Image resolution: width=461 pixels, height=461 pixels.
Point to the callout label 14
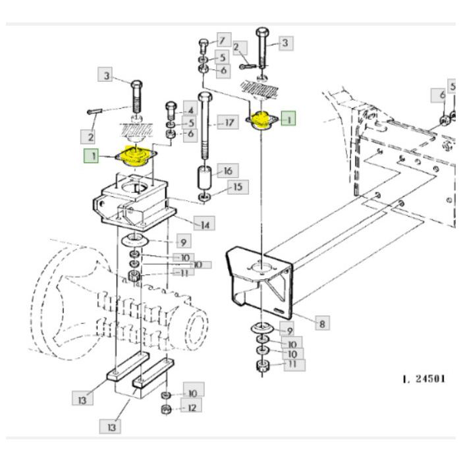point(206,225)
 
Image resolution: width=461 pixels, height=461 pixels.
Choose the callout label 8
point(321,323)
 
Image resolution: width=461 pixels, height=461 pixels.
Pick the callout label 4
point(189,110)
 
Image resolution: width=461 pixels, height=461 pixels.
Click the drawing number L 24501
point(423,379)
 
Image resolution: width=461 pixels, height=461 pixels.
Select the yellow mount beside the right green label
point(262,120)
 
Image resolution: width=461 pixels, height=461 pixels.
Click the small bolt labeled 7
point(203,47)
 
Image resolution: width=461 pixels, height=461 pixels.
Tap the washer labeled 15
point(205,197)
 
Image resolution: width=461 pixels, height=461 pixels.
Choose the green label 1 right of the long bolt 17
point(288,119)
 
